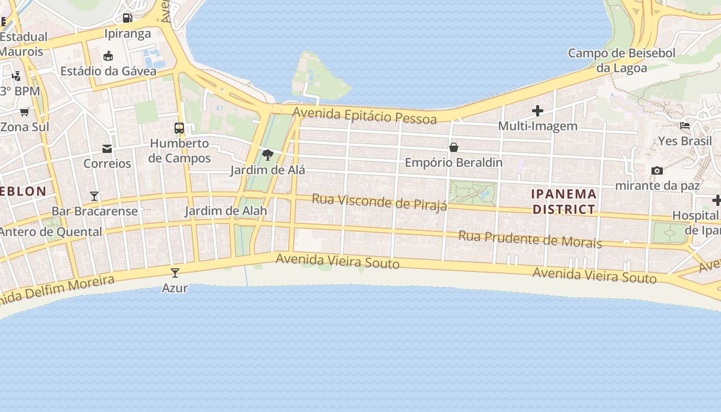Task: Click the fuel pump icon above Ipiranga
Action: point(127,18)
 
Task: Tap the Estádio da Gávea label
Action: point(108,71)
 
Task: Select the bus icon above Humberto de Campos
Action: point(179,128)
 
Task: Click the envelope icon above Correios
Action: point(107,149)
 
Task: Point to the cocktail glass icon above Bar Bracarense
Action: point(94,196)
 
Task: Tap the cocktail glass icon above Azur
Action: point(175,272)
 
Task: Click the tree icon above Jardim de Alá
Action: point(267,154)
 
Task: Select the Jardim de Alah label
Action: point(226,211)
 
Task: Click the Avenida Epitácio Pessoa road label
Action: point(365,115)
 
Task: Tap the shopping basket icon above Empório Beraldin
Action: point(454,148)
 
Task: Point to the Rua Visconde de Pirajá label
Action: point(380,202)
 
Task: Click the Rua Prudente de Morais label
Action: point(530,239)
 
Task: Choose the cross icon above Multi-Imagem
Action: point(538,111)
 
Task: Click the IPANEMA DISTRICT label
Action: point(564,201)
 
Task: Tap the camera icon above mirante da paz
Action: point(657,170)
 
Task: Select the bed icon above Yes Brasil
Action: point(685,125)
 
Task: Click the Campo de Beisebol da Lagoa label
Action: point(622,60)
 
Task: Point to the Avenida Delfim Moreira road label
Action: point(57,290)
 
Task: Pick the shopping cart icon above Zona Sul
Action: point(24,112)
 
